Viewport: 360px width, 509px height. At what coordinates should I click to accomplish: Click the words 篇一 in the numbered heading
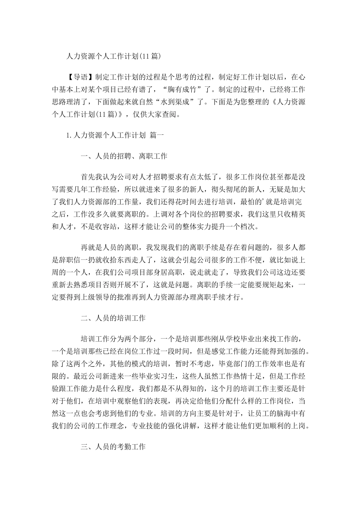tap(157, 135)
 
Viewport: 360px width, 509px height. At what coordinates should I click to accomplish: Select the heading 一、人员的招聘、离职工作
tap(124, 156)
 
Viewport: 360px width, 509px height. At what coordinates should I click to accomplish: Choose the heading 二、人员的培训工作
tap(113, 318)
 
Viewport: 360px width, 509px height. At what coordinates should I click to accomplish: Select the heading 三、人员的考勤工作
tap(113, 447)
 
